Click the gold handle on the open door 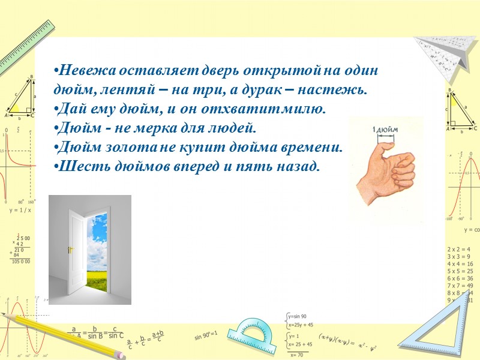tap(70, 249)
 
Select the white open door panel tap(77, 252)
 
